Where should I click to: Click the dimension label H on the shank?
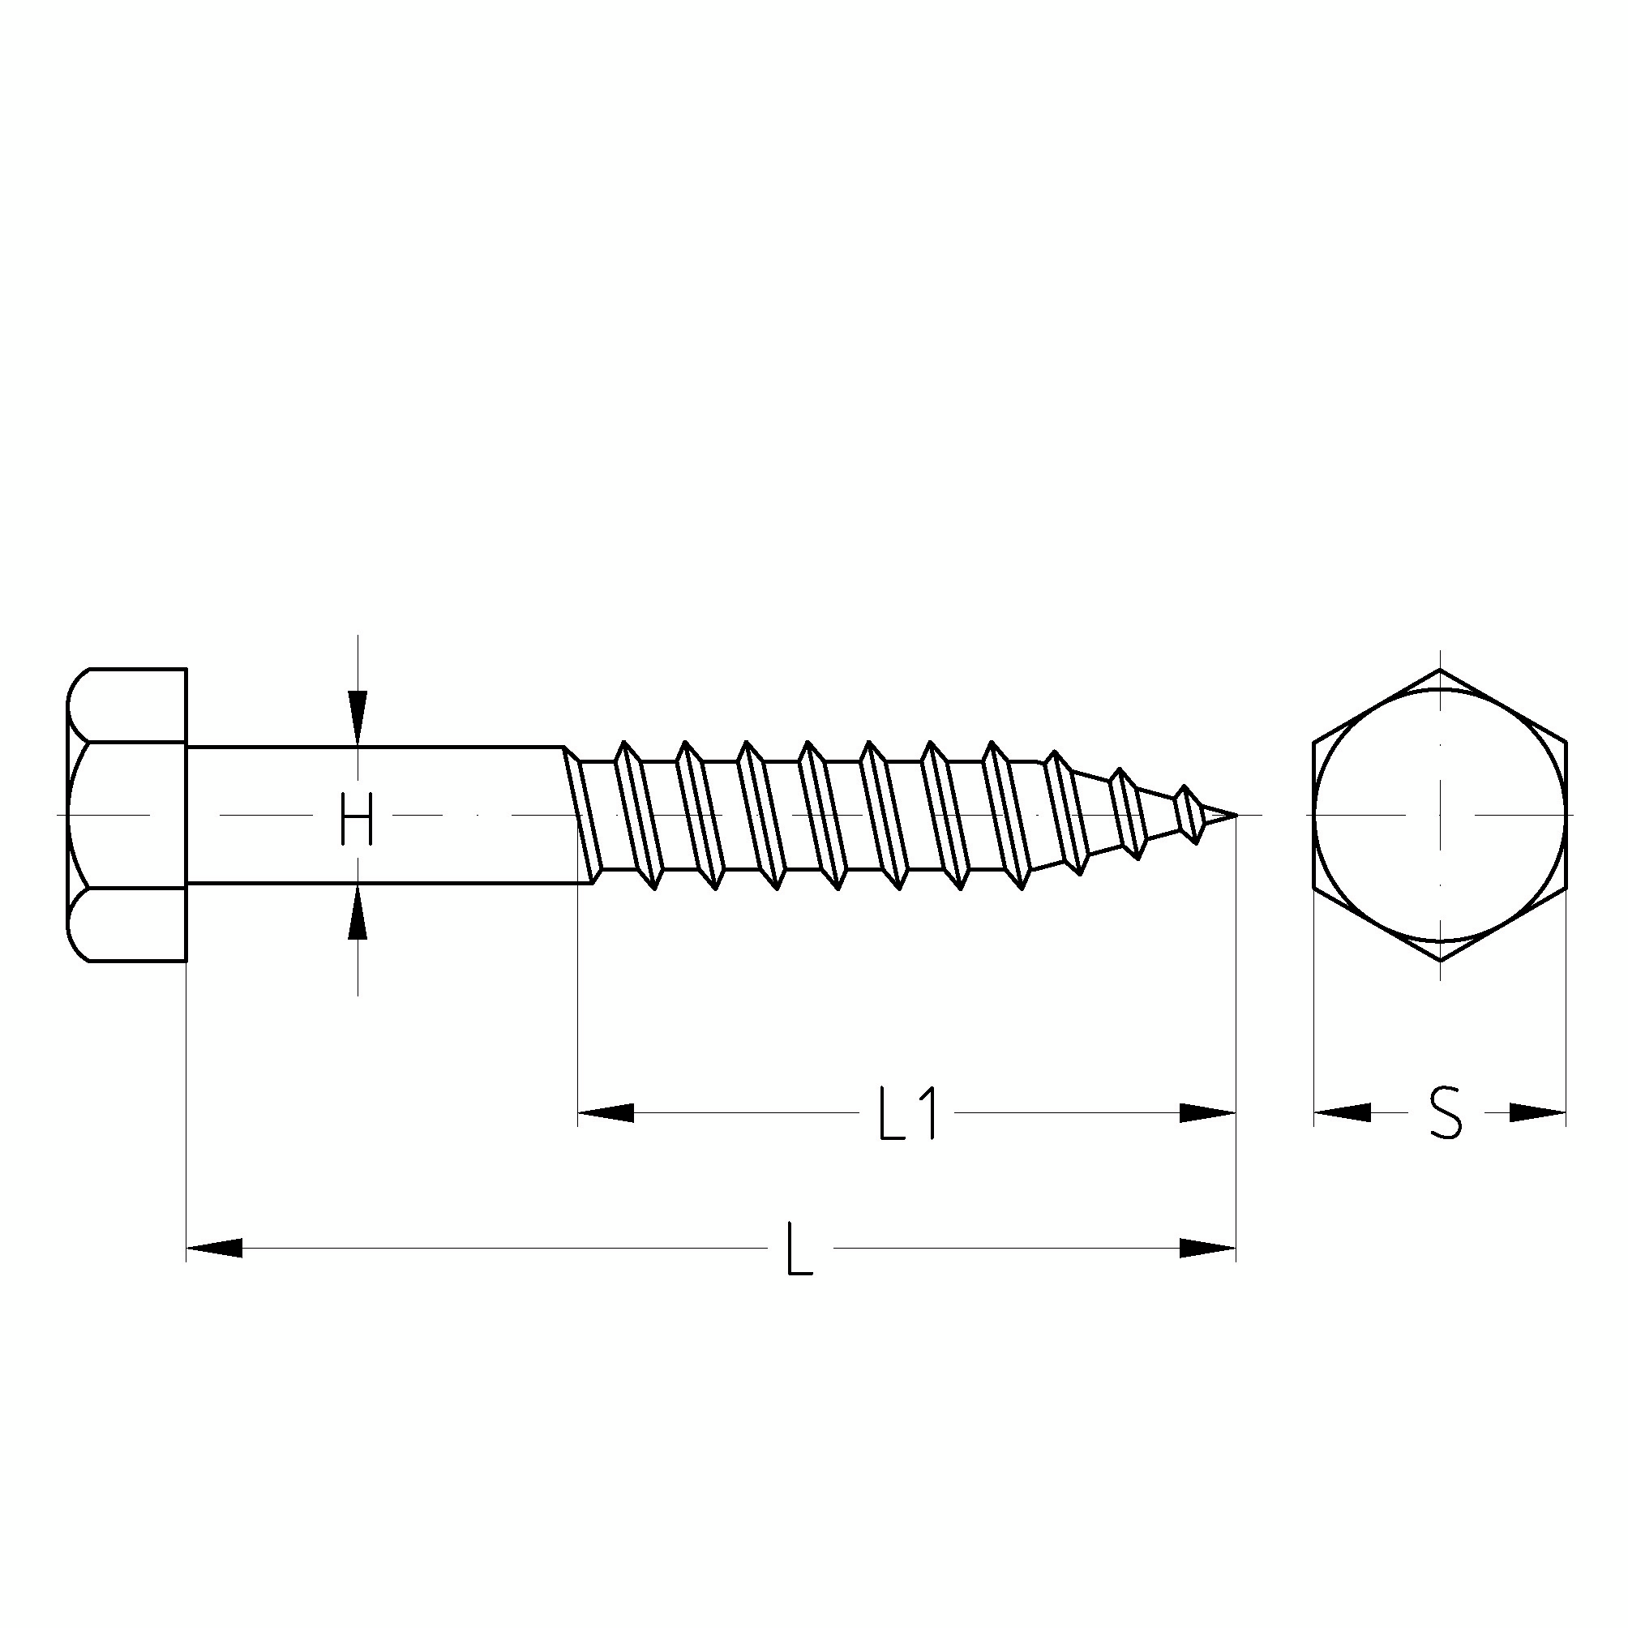(x=356, y=820)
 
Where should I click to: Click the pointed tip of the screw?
(x=1236, y=815)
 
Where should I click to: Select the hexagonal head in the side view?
(x=126, y=815)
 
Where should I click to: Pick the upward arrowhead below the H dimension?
(x=358, y=911)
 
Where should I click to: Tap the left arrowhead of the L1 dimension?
(x=605, y=1113)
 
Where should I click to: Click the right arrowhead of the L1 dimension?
(x=1206, y=1113)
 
